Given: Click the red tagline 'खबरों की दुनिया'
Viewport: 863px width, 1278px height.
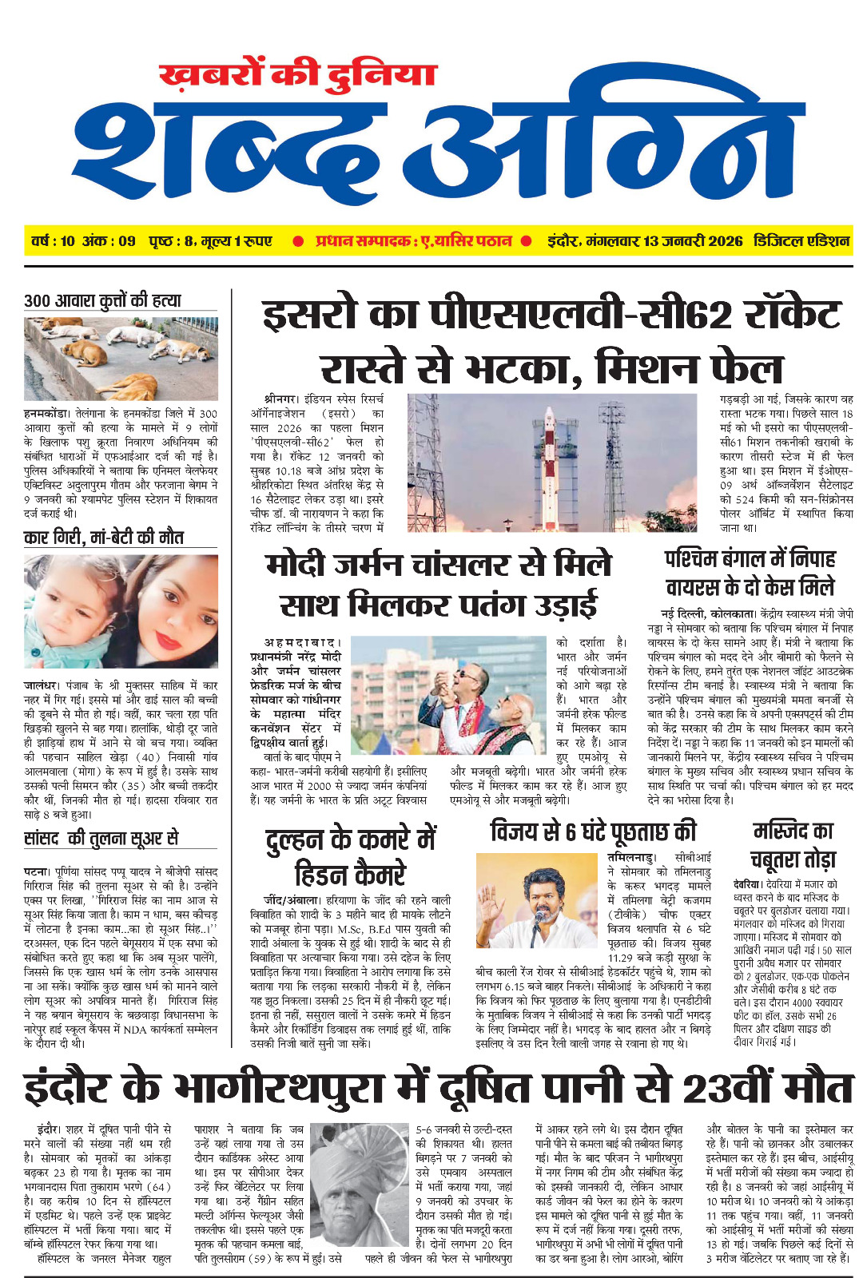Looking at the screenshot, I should tap(298, 74).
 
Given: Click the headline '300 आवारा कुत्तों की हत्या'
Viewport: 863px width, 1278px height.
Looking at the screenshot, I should tap(102, 300).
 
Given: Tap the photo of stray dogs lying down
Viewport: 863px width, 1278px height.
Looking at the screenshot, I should tap(121, 359).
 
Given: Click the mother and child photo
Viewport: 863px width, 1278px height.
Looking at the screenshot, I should tap(121, 611).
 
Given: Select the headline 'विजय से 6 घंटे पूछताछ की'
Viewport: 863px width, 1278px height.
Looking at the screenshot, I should tap(593, 831).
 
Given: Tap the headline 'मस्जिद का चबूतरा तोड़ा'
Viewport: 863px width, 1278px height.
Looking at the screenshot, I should tap(793, 844).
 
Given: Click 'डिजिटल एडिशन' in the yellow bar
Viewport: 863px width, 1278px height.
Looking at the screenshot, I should tap(801, 241).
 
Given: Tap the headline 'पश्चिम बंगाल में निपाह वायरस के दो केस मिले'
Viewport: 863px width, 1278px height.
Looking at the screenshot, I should tap(750, 573).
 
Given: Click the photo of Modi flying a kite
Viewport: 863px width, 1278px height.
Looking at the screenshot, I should tap(449, 695).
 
